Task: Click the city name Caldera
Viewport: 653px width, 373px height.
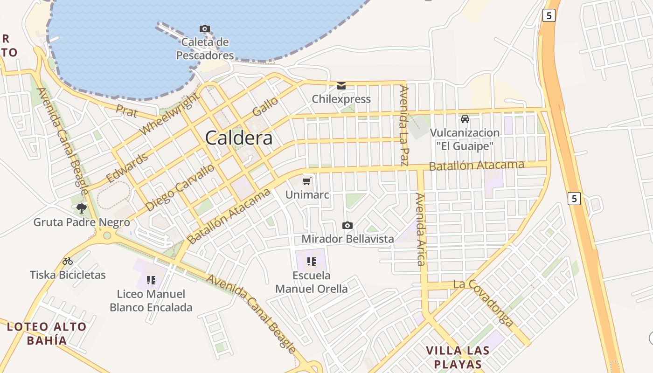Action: tap(238, 138)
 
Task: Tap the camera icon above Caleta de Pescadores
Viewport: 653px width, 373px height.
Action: tap(204, 29)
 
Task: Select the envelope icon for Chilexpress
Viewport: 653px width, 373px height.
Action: tap(341, 86)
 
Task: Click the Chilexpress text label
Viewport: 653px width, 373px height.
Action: tap(341, 99)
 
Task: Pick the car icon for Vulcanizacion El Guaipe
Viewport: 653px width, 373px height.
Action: tap(465, 119)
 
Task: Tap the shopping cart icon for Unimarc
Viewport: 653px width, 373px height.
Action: tap(307, 181)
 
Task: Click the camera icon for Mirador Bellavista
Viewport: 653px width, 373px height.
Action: tap(347, 226)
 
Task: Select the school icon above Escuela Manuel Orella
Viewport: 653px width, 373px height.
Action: tap(312, 261)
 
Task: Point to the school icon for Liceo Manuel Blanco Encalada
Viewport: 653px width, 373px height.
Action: tap(151, 280)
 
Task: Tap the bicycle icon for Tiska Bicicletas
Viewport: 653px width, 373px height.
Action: tap(68, 261)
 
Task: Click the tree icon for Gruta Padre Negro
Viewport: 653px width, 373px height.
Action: tap(82, 208)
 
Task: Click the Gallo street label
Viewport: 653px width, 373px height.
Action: tap(265, 107)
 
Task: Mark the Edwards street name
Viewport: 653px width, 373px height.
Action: tap(127, 168)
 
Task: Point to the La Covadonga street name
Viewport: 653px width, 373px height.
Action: tap(483, 302)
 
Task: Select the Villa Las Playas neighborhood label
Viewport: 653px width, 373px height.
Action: tap(458, 357)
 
